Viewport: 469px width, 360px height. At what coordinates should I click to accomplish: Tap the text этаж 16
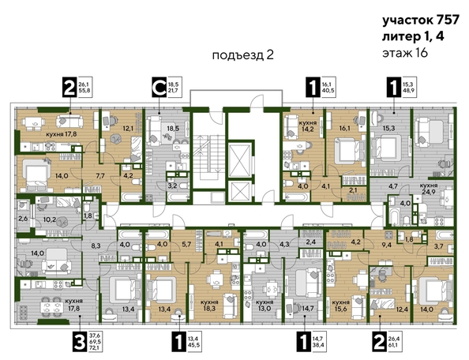pyautogui.click(x=405, y=52)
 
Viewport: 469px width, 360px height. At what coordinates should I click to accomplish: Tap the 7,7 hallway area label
pyautogui.click(x=100, y=176)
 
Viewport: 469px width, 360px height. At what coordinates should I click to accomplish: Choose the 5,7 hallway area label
pyautogui.click(x=186, y=245)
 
